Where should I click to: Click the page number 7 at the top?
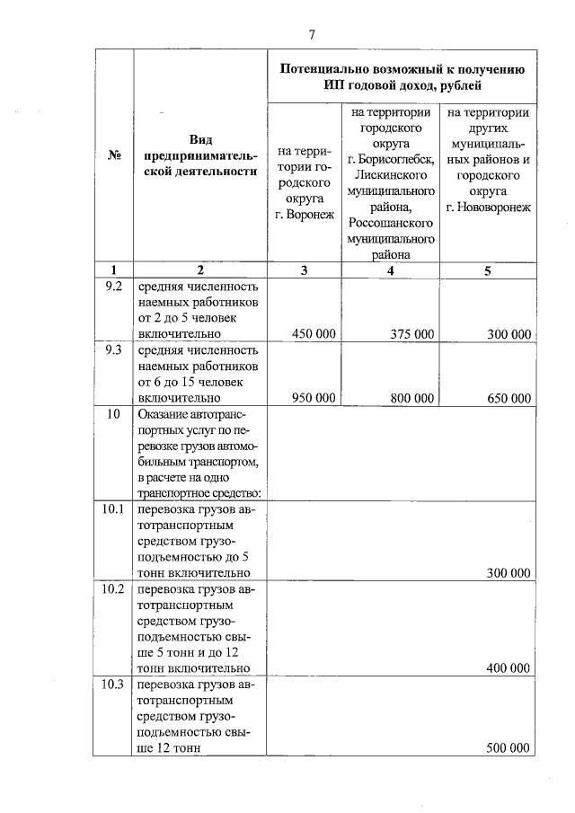pyautogui.click(x=311, y=35)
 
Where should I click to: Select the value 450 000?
pyautogui.click(x=314, y=334)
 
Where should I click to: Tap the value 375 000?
pyautogui.click(x=412, y=334)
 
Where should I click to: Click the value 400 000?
pyautogui.click(x=509, y=668)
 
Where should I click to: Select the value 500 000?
pyautogui.click(x=509, y=747)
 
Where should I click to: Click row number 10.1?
pyautogui.click(x=113, y=510)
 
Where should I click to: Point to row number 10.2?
pyautogui.click(x=113, y=589)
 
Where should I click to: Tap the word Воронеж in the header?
pyautogui.click(x=307, y=215)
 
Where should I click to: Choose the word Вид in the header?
pyautogui.click(x=200, y=139)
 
